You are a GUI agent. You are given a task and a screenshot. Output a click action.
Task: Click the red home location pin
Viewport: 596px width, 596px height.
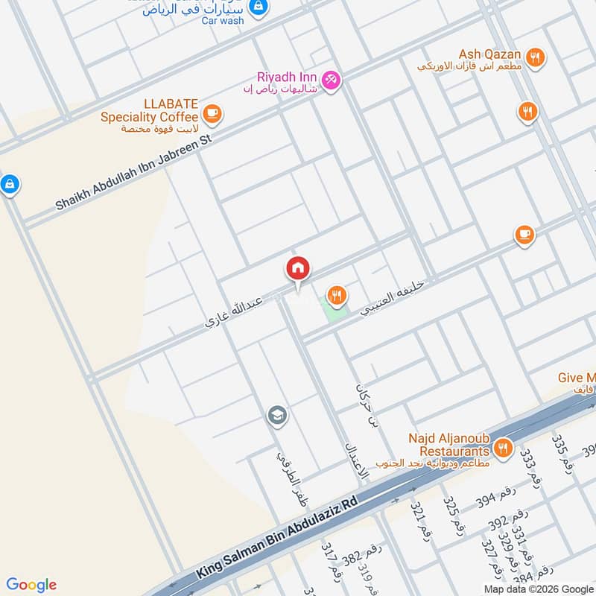pyautogui.click(x=298, y=269)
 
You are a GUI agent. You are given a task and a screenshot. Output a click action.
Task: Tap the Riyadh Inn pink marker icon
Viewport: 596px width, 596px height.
pyautogui.click(x=332, y=78)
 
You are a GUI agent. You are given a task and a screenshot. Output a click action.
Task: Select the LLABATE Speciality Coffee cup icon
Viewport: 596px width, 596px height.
pyautogui.click(x=212, y=113)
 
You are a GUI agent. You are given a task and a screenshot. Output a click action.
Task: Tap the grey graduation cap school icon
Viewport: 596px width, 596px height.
pyautogui.click(x=278, y=416)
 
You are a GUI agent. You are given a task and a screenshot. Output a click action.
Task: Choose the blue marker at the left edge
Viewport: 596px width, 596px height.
pyautogui.click(x=9, y=183)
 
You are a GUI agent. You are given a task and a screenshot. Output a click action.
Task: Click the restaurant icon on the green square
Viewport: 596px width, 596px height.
pyautogui.click(x=337, y=296)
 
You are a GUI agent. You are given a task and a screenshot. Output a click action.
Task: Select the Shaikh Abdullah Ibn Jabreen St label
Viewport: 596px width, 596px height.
pyautogui.click(x=134, y=173)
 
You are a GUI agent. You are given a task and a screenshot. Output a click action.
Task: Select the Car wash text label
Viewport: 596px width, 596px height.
pyautogui.click(x=222, y=20)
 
